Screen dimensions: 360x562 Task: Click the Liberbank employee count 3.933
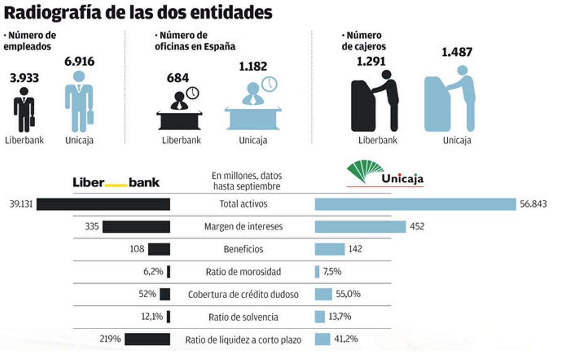click(x=24, y=78)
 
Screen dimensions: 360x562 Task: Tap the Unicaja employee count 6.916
click(x=79, y=61)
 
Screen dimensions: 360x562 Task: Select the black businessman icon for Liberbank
click(x=23, y=110)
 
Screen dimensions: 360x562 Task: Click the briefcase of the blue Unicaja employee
click(x=90, y=116)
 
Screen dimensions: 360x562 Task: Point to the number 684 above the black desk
click(x=177, y=77)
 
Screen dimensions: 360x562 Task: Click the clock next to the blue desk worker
click(x=269, y=84)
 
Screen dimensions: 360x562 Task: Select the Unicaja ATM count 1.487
click(x=457, y=52)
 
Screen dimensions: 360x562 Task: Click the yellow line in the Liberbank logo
click(x=116, y=185)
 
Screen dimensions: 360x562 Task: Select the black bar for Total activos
click(x=103, y=204)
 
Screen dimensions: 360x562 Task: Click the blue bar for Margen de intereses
click(x=360, y=227)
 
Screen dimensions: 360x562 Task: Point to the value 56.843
click(x=533, y=204)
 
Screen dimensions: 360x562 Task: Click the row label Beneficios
click(x=243, y=249)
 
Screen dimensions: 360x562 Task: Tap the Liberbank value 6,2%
click(x=153, y=272)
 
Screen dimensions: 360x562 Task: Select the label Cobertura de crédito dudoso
click(x=243, y=294)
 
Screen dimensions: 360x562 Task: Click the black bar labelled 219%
click(x=147, y=339)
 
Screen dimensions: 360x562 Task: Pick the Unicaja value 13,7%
click(x=340, y=317)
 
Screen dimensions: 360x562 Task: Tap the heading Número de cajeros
click(x=364, y=41)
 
